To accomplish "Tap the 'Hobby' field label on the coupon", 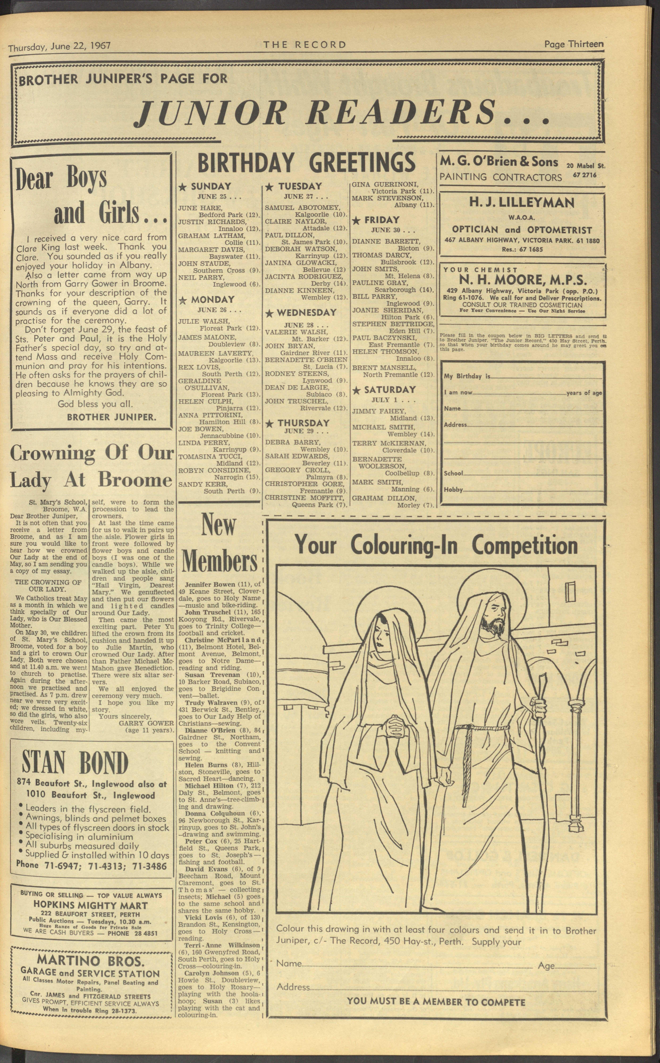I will (453, 490).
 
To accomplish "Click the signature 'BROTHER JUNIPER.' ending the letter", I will (111, 417).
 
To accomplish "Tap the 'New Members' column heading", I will (219, 543).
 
